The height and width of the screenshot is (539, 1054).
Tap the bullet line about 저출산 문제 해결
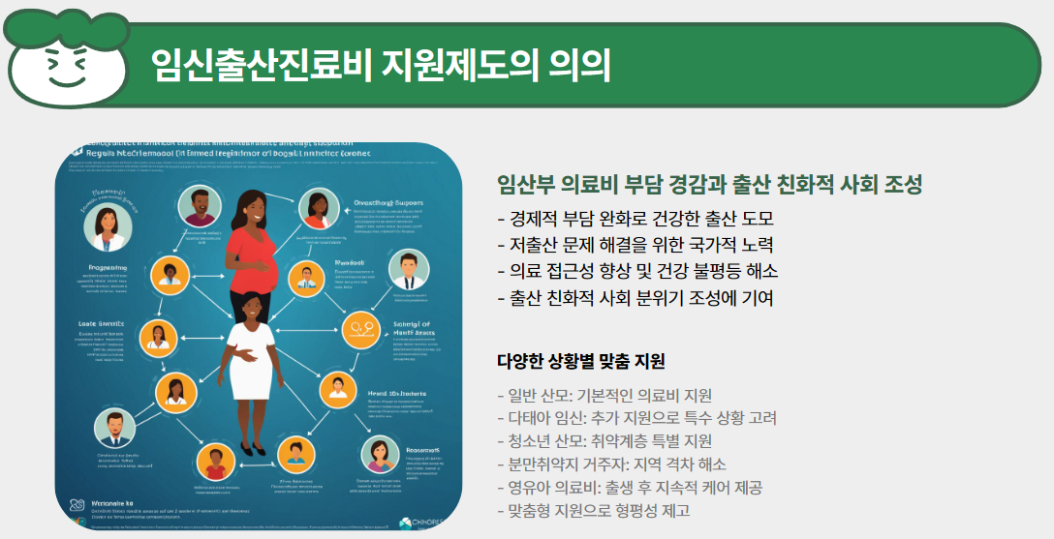click(635, 245)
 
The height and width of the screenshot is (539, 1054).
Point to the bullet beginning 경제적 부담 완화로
click(635, 218)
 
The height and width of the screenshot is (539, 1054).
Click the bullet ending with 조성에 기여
click(635, 298)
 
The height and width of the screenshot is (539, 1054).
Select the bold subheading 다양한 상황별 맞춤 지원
click(580, 362)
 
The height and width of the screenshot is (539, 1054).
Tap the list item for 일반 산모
click(604, 395)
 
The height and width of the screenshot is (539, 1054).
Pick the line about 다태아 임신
click(636, 418)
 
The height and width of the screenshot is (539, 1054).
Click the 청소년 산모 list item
click(604, 441)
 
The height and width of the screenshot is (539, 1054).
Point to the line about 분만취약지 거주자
click(611, 464)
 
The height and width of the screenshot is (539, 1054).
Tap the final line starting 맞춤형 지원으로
click(593, 511)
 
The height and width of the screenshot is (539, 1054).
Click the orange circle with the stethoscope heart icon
click(360, 329)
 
